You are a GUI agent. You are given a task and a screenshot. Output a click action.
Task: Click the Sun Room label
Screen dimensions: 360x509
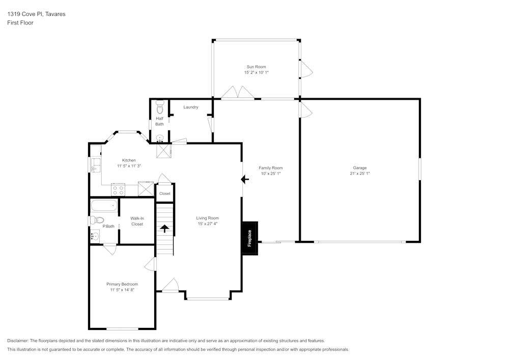[x=256, y=67]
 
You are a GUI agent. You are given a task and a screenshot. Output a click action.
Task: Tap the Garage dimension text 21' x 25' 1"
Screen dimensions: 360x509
[x=359, y=174]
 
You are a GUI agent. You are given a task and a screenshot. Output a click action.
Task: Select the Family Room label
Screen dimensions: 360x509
[x=270, y=168]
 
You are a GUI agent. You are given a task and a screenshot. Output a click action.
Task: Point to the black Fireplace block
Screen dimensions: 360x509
[x=250, y=238]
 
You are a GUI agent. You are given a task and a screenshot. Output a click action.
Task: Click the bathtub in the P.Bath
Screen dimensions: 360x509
[x=104, y=206]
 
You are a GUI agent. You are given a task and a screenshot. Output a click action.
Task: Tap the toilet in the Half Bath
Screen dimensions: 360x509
[x=159, y=108]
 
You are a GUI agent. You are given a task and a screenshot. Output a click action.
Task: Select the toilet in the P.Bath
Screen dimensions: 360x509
[x=96, y=220]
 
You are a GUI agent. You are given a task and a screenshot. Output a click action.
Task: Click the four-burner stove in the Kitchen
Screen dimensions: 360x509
[x=118, y=190]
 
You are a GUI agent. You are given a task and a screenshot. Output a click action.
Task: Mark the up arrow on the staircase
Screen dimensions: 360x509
[x=165, y=228]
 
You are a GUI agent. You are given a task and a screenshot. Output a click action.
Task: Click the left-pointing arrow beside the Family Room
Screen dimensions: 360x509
[x=244, y=179]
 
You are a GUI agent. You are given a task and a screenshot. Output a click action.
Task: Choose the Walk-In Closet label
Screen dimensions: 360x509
[x=136, y=221]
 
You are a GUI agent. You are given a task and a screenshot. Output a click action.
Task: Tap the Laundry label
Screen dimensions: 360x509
[x=191, y=107]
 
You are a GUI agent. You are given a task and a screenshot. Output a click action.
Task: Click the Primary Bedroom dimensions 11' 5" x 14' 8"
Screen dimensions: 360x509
[x=122, y=290]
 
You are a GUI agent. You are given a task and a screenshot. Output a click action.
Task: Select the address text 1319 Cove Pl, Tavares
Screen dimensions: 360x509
[x=36, y=14]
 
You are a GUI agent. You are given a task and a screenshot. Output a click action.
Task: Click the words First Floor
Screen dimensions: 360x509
[x=20, y=23]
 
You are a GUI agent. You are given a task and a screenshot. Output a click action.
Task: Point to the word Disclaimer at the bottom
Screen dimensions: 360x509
[x=18, y=341]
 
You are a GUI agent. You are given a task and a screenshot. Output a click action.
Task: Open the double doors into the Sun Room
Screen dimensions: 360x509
[x=237, y=92]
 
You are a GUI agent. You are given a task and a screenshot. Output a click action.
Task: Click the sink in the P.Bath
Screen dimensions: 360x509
[x=95, y=236]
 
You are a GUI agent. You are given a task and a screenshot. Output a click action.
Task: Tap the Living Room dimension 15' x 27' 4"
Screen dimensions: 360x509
[x=207, y=224]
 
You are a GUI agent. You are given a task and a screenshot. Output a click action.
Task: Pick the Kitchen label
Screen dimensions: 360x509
[x=129, y=160]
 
